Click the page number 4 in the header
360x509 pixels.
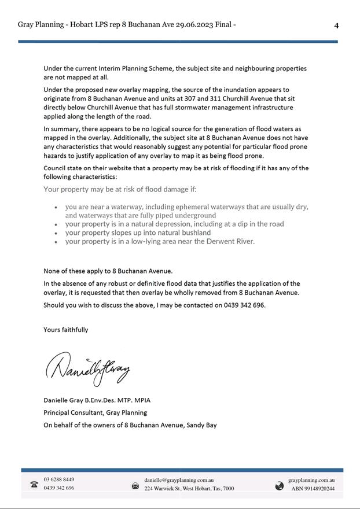[x=336, y=25]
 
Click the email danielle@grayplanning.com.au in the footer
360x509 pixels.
[x=179, y=480]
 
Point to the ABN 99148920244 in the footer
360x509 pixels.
[x=313, y=489]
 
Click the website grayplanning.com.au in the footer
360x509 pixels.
[x=311, y=480]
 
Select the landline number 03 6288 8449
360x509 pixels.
[x=58, y=480]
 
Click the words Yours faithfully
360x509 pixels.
[x=66, y=330]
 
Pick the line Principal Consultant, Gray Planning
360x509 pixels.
[x=95, y=412]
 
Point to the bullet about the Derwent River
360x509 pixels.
[x=160, y=242]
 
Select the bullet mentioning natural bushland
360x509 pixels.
[x=138, y=233]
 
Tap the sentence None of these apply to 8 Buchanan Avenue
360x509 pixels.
[x=108, y=271]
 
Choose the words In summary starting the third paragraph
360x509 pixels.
[x=61, y=129]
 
